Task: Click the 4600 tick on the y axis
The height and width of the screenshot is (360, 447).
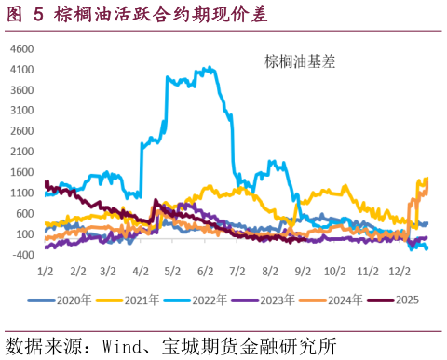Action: pyautogui.click(x=20, y=49)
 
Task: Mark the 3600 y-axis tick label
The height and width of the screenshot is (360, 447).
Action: pyautogui.click(x=20, y=90)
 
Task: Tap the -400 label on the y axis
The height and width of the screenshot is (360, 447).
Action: pyautogui.click(x=20, y=255)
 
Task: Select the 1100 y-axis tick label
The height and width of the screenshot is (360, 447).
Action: pyautogui.click(x=20, y=193)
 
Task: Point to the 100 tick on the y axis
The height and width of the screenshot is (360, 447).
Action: pyautogui.click(x=24, y=234)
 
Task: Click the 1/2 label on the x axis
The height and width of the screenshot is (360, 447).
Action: pyautogui.click(x=45, y=271)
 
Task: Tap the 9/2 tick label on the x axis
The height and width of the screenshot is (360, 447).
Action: pyautogui.click(x=303, y=271)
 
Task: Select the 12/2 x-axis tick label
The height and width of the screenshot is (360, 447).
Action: pyautogui.click(x=400, y=271)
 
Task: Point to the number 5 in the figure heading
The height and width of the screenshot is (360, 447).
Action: pyautogui.click(x=38, y=15)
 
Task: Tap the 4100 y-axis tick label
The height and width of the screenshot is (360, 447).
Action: pyautogui.click(x=20, y=70)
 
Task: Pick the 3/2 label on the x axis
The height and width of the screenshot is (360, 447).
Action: pyautogui.click(x=108, y=271)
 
